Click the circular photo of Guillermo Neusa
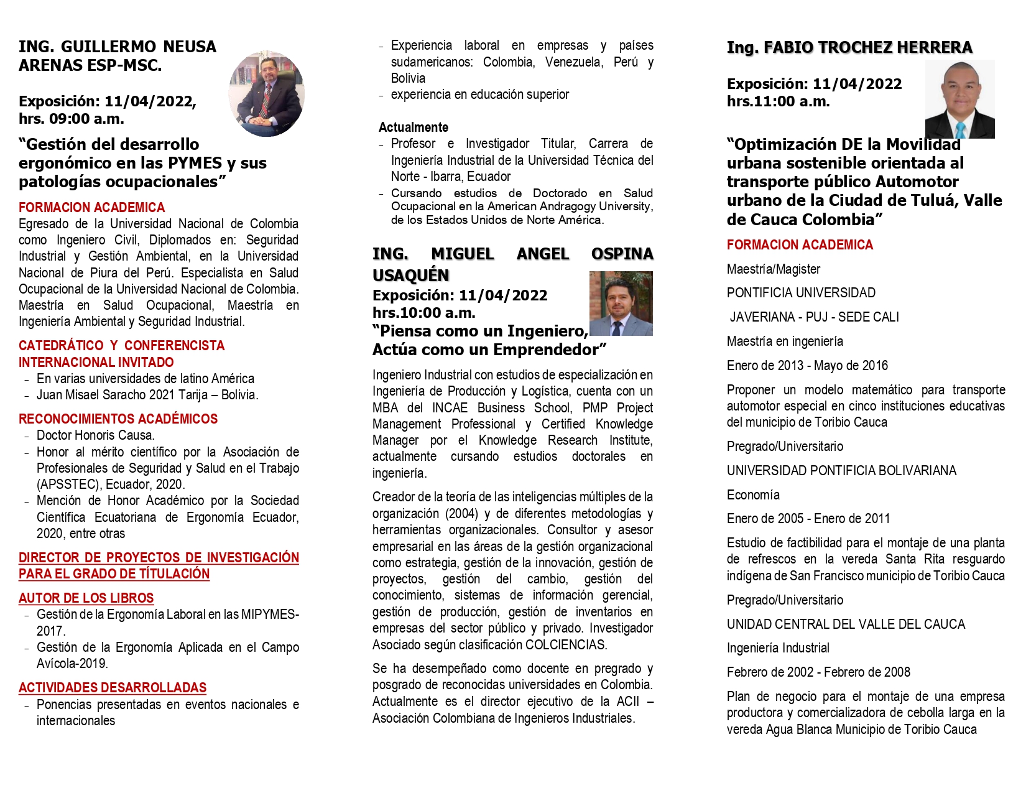[x=267, y=94]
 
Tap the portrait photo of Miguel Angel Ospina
[x=621, y=304]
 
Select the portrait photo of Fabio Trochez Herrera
[x=959, y=100]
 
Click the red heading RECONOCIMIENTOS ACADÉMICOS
[x=118, y=419]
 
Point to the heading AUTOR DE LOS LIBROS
[x=86, y=598]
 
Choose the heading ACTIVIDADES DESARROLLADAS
[x=112, y=688]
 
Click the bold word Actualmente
[x=413, y=128]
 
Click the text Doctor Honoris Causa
[x=95, y=435]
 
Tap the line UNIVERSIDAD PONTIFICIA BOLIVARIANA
[x=841, y=471]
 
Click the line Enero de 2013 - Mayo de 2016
[x=807, y=366]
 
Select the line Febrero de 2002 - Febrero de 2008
[x=818, y=672]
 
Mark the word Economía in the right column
[x=753, y=495]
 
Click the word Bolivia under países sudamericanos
[x=408, y=78]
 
